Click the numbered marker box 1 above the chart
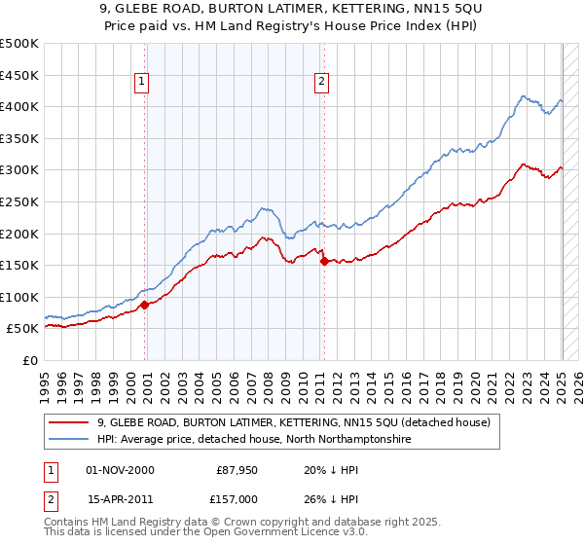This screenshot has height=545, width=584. [x=142, y=83]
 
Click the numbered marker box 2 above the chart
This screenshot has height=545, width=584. [x=321, y=83]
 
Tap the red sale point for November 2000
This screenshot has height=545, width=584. [x=145, y=305]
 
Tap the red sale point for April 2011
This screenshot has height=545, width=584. [x=324, y=261]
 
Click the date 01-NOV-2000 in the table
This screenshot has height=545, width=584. [x=120, y=470]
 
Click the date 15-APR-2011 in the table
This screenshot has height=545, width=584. [x=120, y=499]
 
